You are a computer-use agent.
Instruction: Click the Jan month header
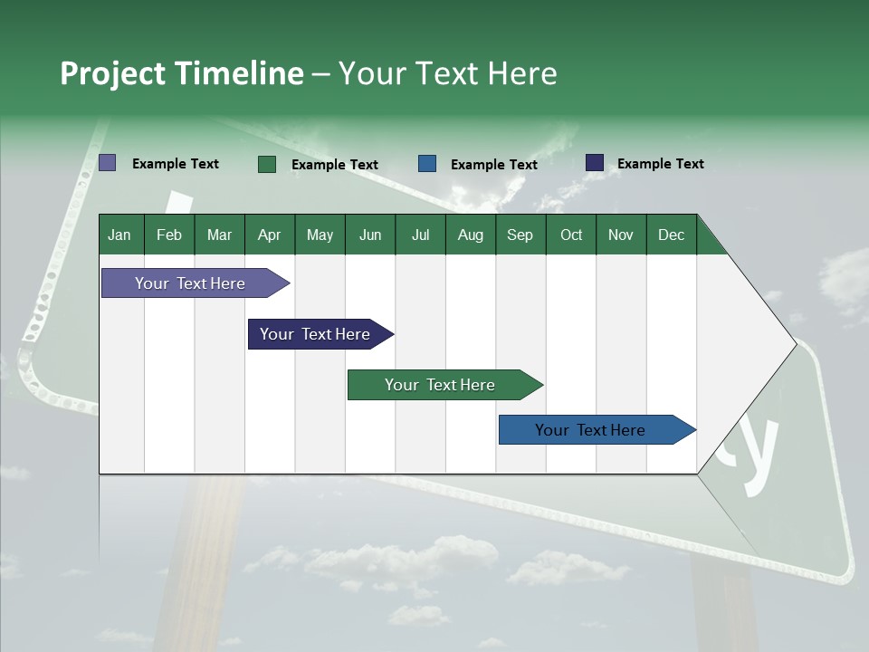pyautogui.click(x=119, y=235)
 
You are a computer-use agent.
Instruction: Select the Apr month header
pyautogui.click(x=269, y=235)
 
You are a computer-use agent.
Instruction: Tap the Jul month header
pyautogui.click(x=420, y=235)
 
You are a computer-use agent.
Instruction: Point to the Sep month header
pyautogui.click(x=520, y=235)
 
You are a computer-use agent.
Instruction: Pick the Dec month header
pyautogui.click(x=671, y=235)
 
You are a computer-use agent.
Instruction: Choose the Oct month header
pyautogui.click(x=571, y=235)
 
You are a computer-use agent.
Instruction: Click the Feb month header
pyautogui.click(x=169, y=235)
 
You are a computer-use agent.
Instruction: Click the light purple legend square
pyautogui.click(x=107, y=163)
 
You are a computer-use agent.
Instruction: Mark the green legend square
pyautogui.click(x=267, y=164)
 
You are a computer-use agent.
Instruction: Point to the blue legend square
pyautogui.click(x=427, y=164)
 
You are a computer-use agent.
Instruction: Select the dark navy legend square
pyautogui.click(x=595, y=163)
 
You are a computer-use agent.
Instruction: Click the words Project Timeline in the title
pyautogui.click(x=181, y=73)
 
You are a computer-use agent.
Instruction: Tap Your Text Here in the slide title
pyautogui.click(x=448, y=73)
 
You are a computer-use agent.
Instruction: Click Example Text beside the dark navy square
pyautogui.click(x=660, y=164)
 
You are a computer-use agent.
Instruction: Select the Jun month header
pyautogui.click(x=369, y=235)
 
